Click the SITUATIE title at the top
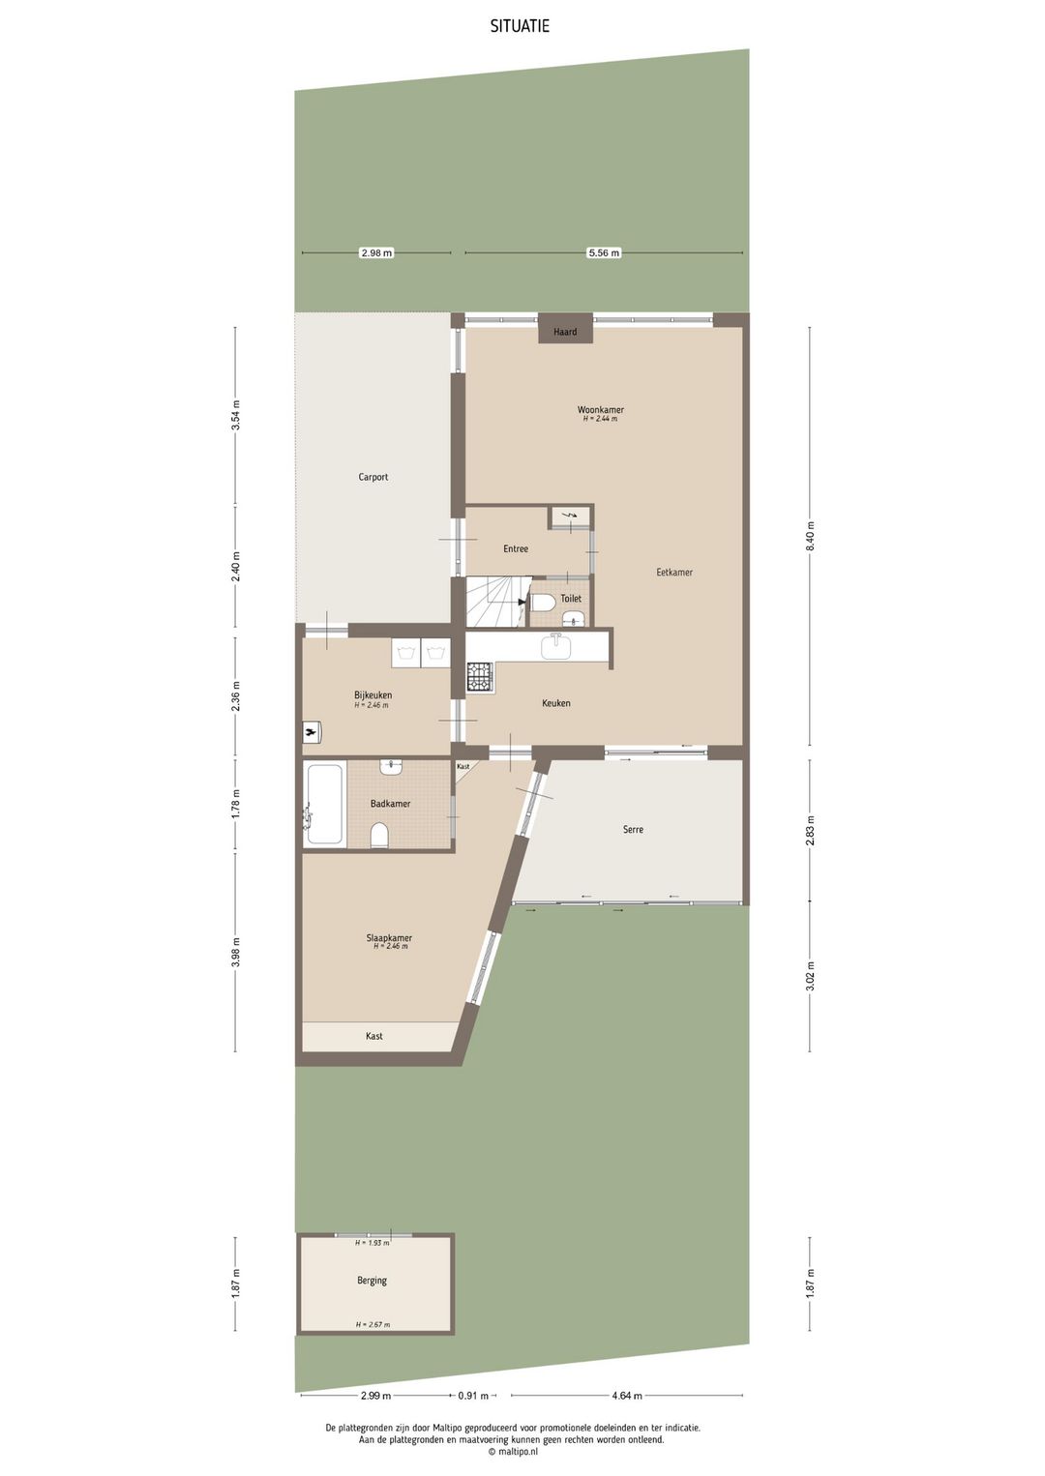(x=520, y=26)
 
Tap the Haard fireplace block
(x=565, y=331)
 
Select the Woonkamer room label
(x=600, y=410)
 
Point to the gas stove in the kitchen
(x=480, y=676)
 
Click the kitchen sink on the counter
(x=556, y=646)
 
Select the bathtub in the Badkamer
(x=324, y=805)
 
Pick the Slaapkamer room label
(x=389, y=937)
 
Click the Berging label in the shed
(x=372, y=1280)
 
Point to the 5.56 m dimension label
(x=604, y=252)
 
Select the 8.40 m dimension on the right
(x=811, y=536)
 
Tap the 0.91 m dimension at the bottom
(x=473, y=1396)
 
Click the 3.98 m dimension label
(x=235, y=952)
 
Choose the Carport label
(x=373, y=477)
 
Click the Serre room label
(x=633, y=829)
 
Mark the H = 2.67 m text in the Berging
(x=373, y=1324)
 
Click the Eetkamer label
(x=673, y=572)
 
